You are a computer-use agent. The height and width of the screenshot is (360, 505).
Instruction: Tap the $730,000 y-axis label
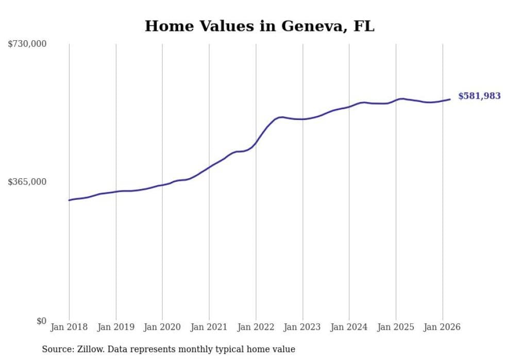click(27, 44)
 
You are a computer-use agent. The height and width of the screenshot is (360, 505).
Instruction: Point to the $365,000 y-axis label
click(27, 182)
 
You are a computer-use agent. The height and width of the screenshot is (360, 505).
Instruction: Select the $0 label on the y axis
click(41, 321)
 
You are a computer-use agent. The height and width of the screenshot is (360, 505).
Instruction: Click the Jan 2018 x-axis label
click(69, 327)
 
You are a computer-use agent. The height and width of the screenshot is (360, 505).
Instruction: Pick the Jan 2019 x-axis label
click(116, 327)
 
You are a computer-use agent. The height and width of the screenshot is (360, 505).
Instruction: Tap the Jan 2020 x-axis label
click(162, 327)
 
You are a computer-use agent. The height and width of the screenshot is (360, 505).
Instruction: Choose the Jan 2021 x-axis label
click(209, 327)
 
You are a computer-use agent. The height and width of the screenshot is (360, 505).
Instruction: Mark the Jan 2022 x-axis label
click(256, 327)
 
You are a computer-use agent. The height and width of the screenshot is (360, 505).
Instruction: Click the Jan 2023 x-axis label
click(302, 327)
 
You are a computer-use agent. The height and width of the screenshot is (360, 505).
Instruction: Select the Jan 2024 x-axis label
click(349, 327)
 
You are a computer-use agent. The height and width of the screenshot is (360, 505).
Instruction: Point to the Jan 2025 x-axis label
click(396, 327)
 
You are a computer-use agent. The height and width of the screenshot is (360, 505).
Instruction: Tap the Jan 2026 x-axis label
click(442, 327)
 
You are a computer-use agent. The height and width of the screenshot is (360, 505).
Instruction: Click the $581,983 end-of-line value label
click(479, 96)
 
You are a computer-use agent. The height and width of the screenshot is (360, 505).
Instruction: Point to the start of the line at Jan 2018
click(69, 200)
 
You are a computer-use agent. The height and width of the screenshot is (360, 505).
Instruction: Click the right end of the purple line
click(450, 99)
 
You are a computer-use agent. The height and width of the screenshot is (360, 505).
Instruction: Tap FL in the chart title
click(363, 26)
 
